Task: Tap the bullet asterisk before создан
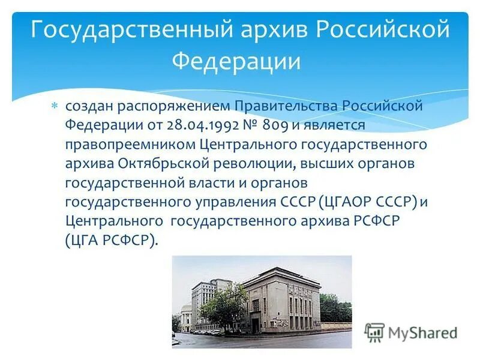pos(54,106)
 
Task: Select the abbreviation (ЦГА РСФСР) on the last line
pos(112,241)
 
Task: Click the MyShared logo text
pos(422,333)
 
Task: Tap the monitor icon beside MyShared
pos(374,332)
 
